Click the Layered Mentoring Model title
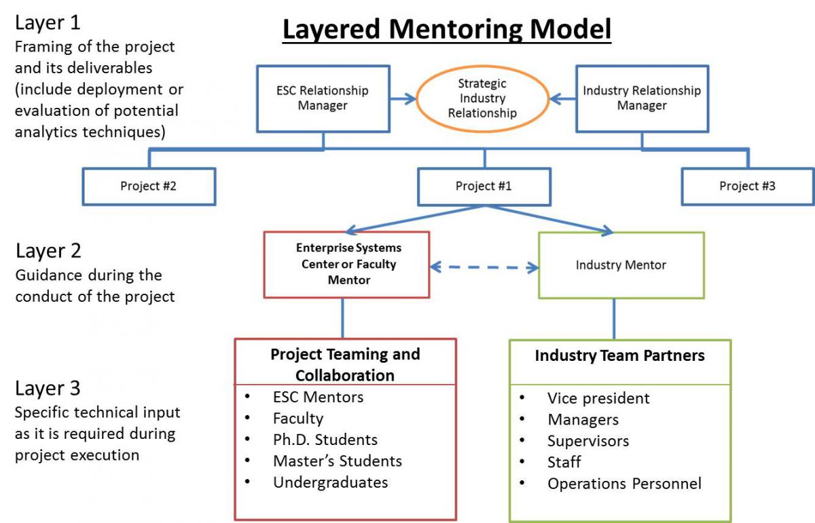[446, 29]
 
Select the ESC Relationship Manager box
[323, 98]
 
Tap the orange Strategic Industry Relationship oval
[482, 99]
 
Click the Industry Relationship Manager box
[642, 98]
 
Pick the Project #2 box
[148, 186]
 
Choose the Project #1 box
[484, 186]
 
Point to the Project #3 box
[747, 186]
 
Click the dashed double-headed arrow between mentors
[484, 267]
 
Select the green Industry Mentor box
[621, 265]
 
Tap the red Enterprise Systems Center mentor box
[347, 265]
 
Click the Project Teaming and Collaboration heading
[345, 364]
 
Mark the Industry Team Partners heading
[619, 355]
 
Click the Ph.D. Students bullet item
[325, 440]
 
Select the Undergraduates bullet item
[330, 482]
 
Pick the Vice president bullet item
[598, 398]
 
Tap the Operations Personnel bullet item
[624, 483]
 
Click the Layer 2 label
[48, 251]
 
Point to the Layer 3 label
[48, 388]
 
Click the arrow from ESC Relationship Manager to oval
[403, 99]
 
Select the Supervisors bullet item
[588, 441]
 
